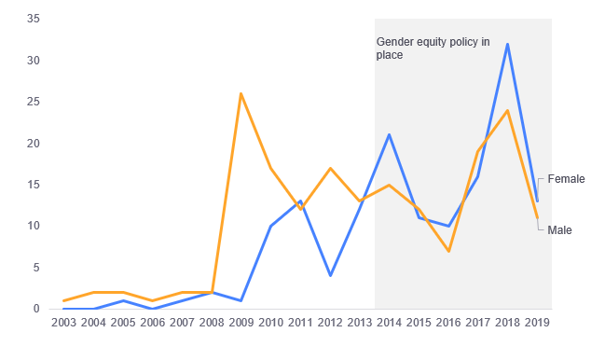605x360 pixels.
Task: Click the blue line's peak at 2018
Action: tap(507, 44)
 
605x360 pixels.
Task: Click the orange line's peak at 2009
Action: tap(241, 93)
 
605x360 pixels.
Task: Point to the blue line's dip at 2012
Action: tap(330, 275)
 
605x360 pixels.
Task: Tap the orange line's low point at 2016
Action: tap(448, 251)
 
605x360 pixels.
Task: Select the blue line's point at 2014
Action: tap(389, 134)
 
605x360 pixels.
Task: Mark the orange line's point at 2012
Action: tap(330, 168)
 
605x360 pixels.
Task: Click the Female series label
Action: tap(566, 179)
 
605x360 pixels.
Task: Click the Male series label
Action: tap(559, 230)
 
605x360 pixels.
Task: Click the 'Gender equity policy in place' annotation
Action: tap(432, 48)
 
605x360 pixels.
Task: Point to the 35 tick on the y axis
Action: tap(33, 19)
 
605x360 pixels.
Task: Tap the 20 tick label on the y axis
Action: tap(33, 144)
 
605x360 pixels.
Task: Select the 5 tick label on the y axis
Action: tap(35, 268)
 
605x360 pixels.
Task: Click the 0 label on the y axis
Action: tap(35, 309)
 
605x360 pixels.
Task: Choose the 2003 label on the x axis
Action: tap(63, 323)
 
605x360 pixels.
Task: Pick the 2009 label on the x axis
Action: tap(241, 323)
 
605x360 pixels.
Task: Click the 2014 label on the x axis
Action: tap(389, 323)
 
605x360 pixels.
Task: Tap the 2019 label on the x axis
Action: tap(537, 323)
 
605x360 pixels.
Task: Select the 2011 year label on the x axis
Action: tap(300, 323)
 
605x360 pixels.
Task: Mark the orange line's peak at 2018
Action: tap(507, 110)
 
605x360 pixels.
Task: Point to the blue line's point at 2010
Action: tap(270, 226)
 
